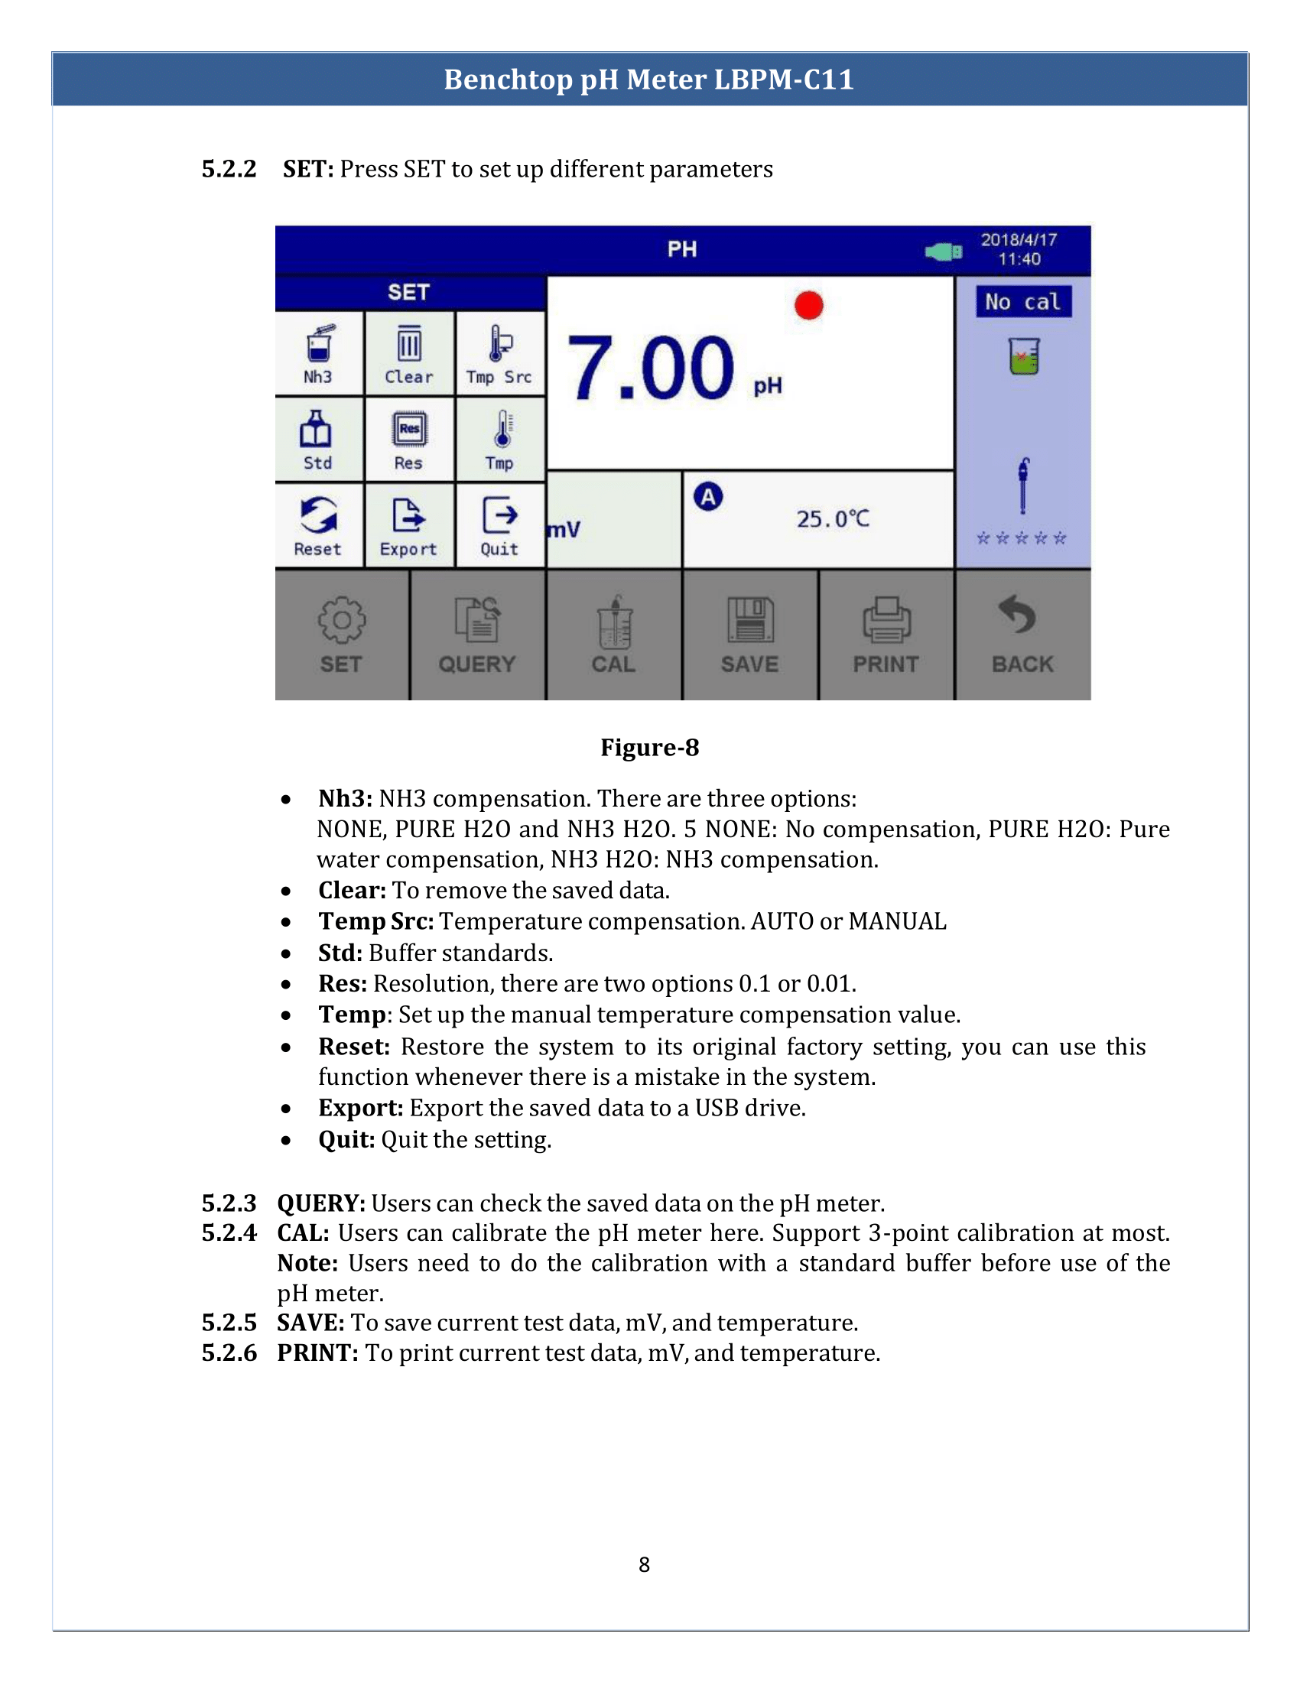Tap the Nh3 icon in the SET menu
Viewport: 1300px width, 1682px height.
(x=319, y=353)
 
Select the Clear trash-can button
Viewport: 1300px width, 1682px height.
(x=409, y=353)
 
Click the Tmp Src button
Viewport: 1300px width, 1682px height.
(x=500, y=353)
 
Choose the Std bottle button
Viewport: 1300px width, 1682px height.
(x=317, y=440)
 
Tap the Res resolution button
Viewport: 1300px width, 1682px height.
(x=409, y=440)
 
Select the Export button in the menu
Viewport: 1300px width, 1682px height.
(x=409, y=526)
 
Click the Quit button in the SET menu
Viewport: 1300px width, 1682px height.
(x=500, y=526)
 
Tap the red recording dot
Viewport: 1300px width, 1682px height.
(x=808, y=305)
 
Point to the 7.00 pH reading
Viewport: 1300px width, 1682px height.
(x=651, y=369)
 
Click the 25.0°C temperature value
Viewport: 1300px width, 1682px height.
(x=833, y=519)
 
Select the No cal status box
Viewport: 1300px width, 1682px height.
(x=1022, y=302)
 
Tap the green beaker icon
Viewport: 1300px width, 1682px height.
(x=1023, y=356)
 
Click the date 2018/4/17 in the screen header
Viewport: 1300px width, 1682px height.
(x=1018, y=239)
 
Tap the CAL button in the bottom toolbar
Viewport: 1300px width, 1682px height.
(x=614, y=635)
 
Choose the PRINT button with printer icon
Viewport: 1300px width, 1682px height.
(x=886, y=635)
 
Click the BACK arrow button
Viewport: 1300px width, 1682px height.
(x=1022, y=635)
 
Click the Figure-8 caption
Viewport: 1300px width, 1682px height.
(x=649, y=747)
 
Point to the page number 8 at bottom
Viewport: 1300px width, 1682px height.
(x=644, y=1564)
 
